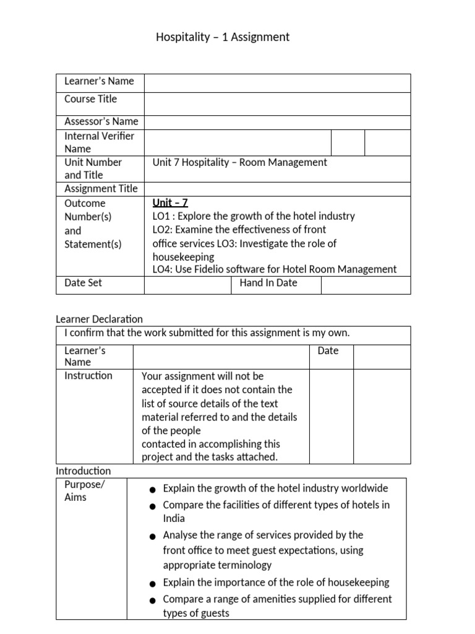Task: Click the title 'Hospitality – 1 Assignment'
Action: click(223, 37)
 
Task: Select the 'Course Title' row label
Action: click(90, 99)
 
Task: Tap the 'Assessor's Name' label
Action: click(101, 122)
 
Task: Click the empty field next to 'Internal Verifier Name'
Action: click(237, 142)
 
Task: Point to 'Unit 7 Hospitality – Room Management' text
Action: click(240, 162)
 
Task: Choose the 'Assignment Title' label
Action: click(101, 189)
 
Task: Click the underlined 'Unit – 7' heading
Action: click(170, 203)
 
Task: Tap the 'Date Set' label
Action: click(83, 283)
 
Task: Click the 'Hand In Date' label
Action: click(268, 283)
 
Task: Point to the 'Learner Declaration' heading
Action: click(99, 319)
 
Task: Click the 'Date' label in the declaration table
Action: click(328, 351)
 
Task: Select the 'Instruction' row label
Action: click(88, 376)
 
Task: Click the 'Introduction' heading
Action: click(83, 471)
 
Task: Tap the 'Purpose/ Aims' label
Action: click(85, 491)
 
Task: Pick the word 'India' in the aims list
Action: click(174, 519)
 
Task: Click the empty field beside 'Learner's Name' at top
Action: click(277, 83)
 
